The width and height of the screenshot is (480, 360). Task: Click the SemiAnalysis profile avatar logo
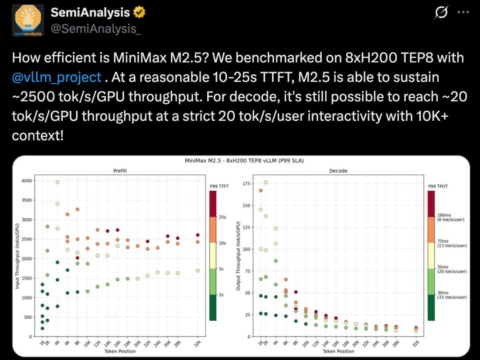[x=28, y=20]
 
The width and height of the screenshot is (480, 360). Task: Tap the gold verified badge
[x=140, y=13]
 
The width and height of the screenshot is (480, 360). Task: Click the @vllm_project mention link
[x=57, y=77]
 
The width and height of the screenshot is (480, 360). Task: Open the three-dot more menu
[x=463, y=13]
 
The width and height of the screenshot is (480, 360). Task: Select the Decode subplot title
[x=338, y=171]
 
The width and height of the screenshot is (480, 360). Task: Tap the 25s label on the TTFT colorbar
[x=223, y=217]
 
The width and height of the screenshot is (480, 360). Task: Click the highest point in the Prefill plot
[x=57, y=182]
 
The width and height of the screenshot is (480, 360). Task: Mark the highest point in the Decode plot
[x=266, y=182]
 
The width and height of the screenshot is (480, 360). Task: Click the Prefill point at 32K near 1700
[x=198, y=270]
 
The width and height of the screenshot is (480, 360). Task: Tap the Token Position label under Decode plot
[x=339, y=351]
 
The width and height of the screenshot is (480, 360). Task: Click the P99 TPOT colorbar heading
[x=438, y=186]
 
